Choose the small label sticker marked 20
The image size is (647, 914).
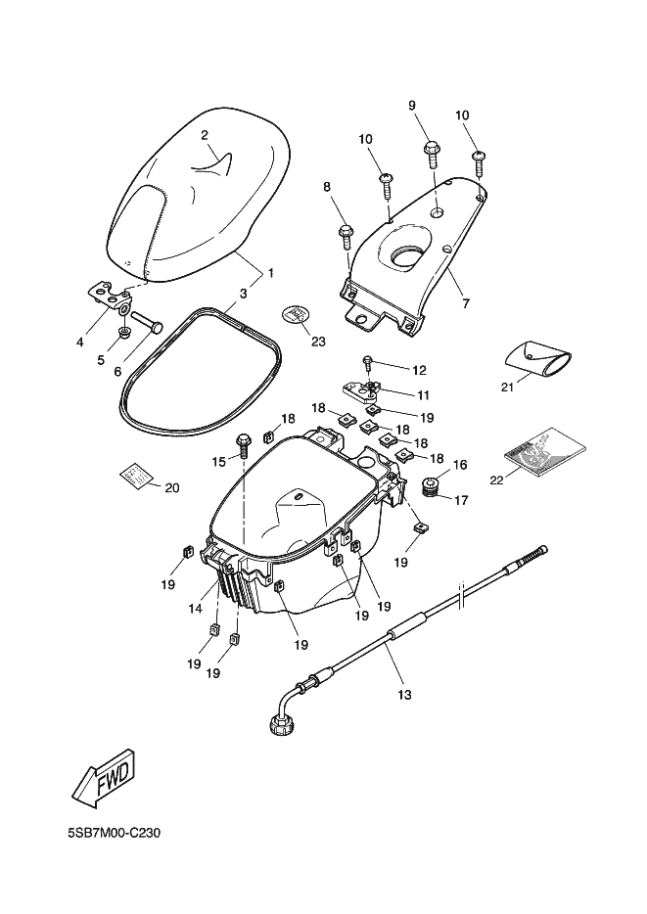137,475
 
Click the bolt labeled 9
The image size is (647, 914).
432,151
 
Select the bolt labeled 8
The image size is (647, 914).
346,233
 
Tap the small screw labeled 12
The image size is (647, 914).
368,363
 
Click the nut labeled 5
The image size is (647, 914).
124,334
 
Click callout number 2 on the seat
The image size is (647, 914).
205,134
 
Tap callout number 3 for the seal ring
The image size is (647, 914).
243,292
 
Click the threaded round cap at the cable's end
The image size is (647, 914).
280,725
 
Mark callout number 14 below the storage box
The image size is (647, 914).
197,609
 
